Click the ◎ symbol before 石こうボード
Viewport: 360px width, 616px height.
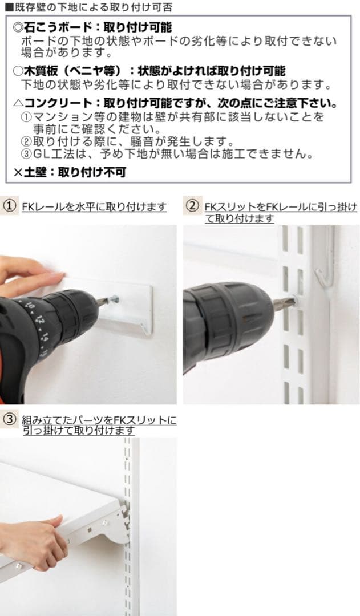coord(18,27)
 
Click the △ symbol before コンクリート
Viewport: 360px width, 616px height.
coord(18,104)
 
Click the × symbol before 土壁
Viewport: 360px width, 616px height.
coord(18,171)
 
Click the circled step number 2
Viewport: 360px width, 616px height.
coord(193,206)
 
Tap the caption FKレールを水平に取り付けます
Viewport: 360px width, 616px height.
coord(94,206)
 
